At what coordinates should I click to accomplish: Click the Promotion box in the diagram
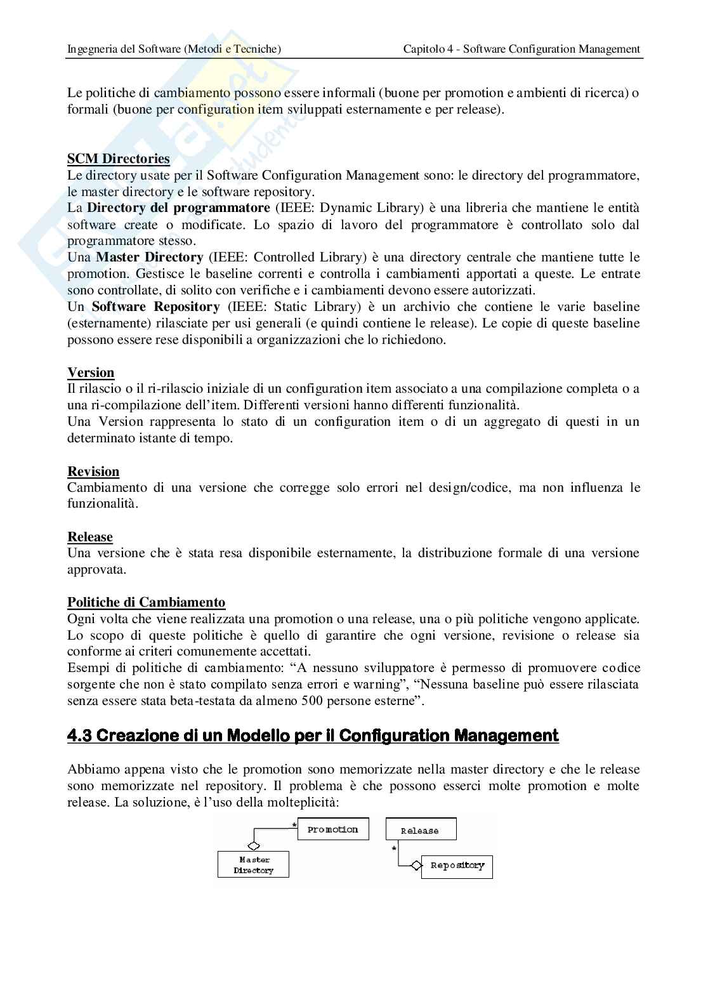click(x=333, y=829)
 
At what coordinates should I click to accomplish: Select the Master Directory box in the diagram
click(x=253, y=864)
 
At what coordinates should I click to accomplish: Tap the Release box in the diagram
click(x=420, y=830)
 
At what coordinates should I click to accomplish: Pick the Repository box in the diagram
click(x=457, y=866)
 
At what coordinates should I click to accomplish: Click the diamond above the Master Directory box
click(x=254, y=846)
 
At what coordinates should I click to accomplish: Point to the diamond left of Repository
click(x=416, y=866)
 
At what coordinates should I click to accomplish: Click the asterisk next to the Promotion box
click(x=294, y=825)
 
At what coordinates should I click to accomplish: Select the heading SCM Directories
click(x=119, y=159)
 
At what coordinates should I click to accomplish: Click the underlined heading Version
click(x=91, y=372)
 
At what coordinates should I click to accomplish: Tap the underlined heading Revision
click(x=93, y=471)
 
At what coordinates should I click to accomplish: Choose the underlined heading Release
click(x=90, y=537)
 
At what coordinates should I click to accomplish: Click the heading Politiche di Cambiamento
click(x=146, y=602)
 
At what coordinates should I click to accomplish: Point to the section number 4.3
click(x=80, y=735)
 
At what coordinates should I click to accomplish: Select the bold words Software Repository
click(x=155, y=307)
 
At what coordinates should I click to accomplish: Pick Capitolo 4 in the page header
click(x=431, y=49)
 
